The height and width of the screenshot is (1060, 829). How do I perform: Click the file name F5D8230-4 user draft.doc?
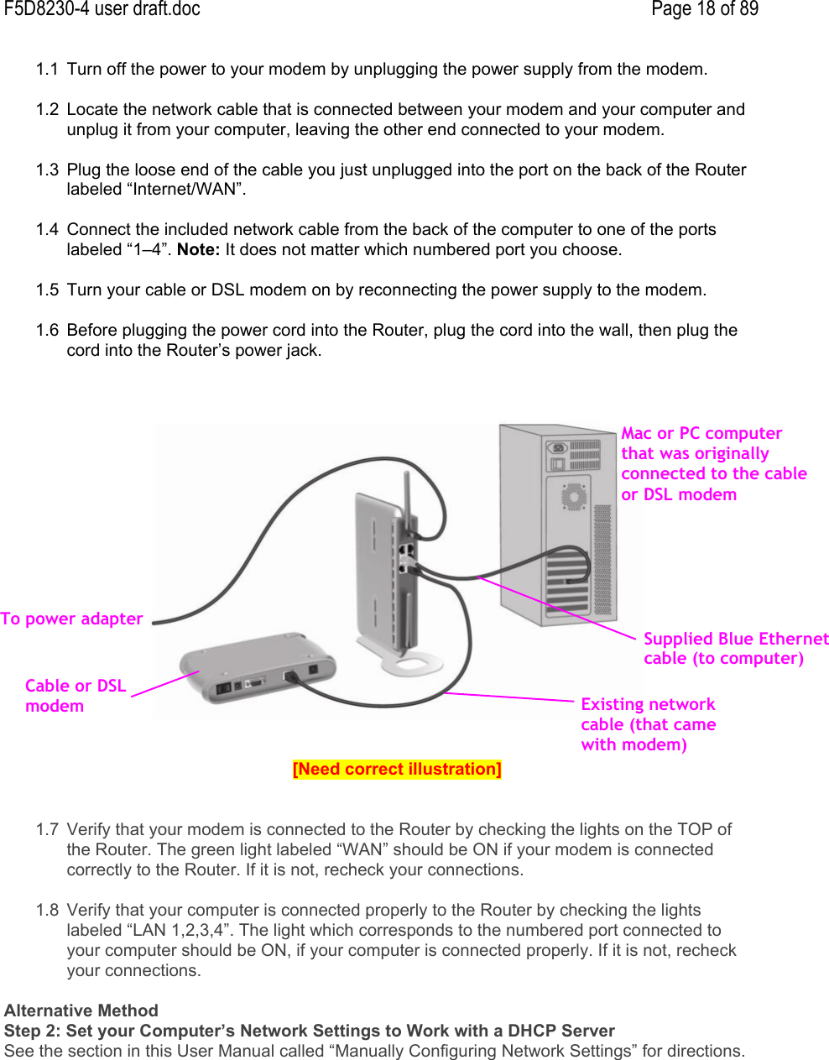[x=102, y=10]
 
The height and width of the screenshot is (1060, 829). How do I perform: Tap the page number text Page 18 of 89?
[x=704, y=10]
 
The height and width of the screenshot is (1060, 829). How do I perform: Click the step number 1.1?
[x=47, y=70]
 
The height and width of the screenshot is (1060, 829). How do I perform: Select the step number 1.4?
[x=47, y=230]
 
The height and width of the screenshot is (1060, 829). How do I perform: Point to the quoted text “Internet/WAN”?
[x=185, y=190]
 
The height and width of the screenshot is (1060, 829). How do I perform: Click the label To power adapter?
[x=72, y=619]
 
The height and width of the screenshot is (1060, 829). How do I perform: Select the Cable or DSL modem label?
[x=75, y=696]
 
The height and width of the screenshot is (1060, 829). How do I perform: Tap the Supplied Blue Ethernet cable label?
[x=735, y=649]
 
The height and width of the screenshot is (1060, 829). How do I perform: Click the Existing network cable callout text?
[x=648, y=724]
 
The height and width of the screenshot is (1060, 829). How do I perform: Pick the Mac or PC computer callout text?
[x=712, y=464]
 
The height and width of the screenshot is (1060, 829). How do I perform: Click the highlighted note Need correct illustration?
[x=397, y=770]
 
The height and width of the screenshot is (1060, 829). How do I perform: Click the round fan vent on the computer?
[x=574, y=497]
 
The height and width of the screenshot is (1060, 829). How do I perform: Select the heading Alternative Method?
[x=81, y=1010]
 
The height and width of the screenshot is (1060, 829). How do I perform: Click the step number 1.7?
[x=47, y=830]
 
